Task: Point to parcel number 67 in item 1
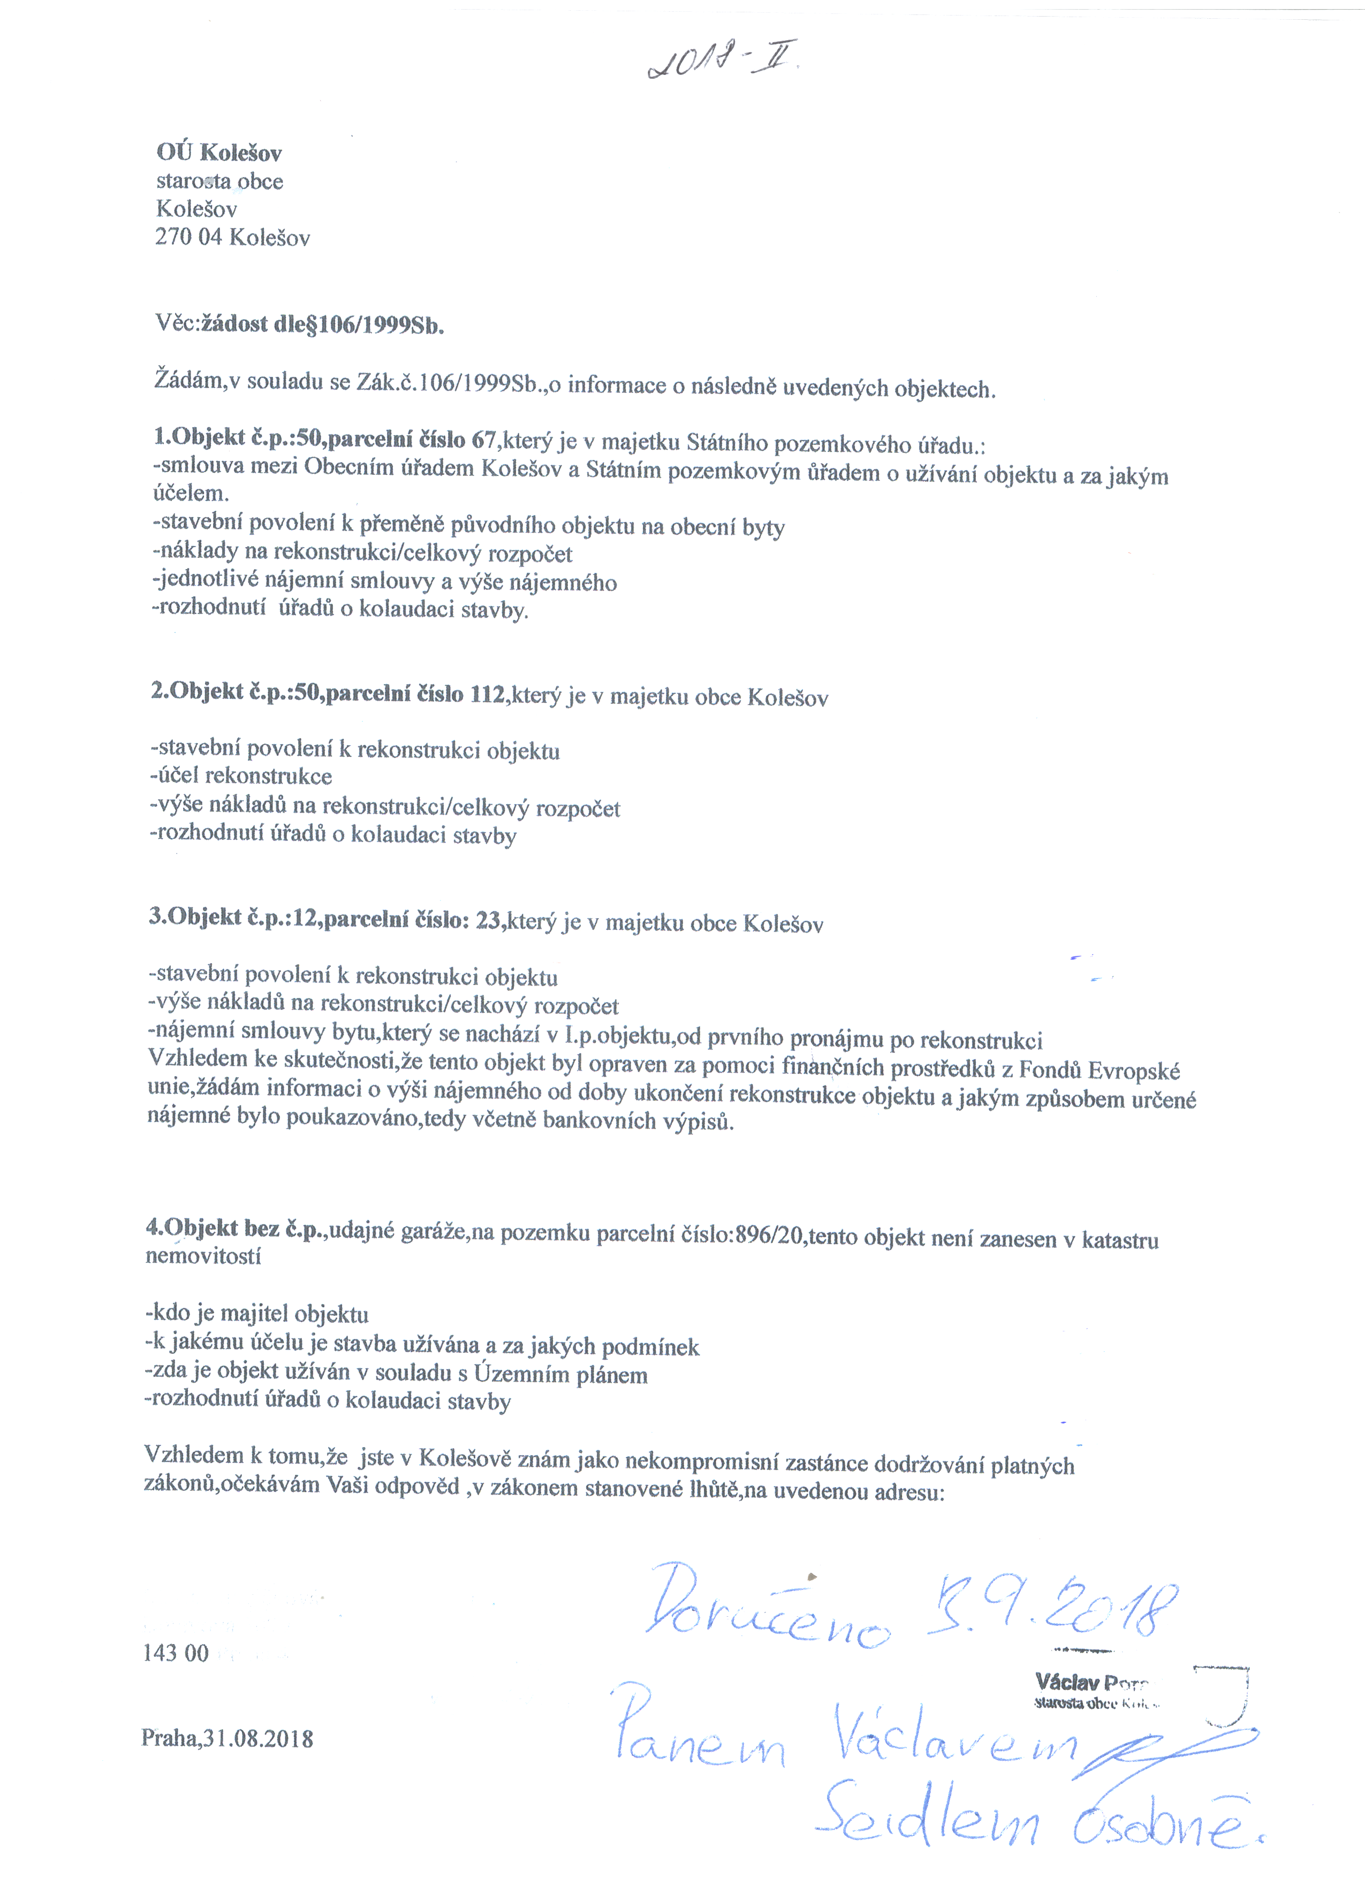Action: pos(483,440)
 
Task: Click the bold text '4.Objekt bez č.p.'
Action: pos(236,1229)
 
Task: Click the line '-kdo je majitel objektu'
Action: pos(256,1314)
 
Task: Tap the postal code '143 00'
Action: pos(176,1653)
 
